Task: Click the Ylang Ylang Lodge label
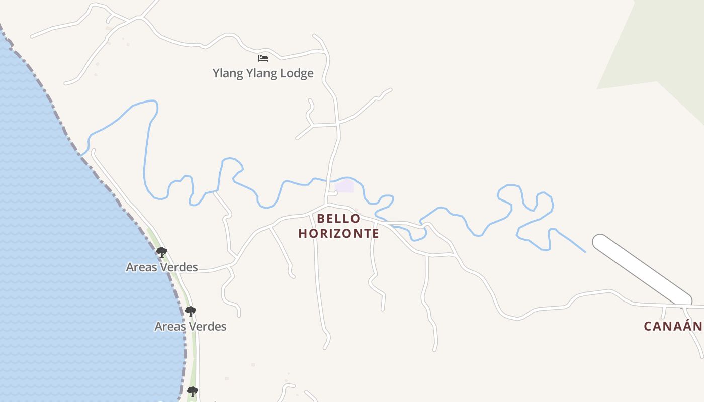pos(263,73)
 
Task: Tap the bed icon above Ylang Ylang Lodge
pos(263,58)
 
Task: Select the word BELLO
pos(338,219)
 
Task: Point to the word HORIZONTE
pos(338,234)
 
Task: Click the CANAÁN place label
pos(673,326)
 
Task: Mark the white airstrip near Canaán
pos(642,270)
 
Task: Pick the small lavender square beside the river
pos(344,186)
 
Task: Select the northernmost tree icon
pos(161,252)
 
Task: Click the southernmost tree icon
pos(192,391)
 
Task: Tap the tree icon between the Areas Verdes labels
pos(190,311)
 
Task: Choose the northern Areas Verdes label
pos(162,267)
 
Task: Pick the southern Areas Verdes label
pos(191,327)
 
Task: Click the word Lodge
pos(297,73)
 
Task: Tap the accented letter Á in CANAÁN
pos(684,326)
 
